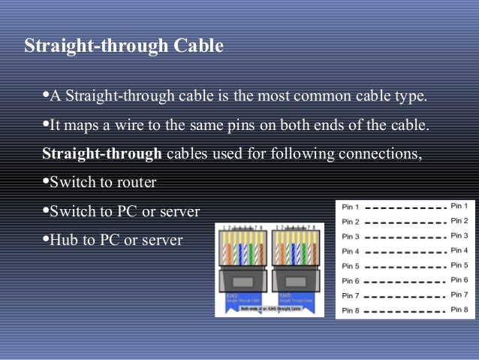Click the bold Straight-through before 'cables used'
(x=102, y=154)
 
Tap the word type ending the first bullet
(x=411, y=97)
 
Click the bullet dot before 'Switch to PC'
(x=44, y=210)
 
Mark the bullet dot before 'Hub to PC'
(x=44, y=239)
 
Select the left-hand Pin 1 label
(x=351, y=207)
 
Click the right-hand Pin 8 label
(x=459, y=310)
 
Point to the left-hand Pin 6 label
(x=351, y=280)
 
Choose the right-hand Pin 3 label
(x=459, y=235)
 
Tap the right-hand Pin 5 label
(x=459, y=265)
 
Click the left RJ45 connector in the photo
(x=242, y=267)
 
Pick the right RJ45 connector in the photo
(x=296, y=267)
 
